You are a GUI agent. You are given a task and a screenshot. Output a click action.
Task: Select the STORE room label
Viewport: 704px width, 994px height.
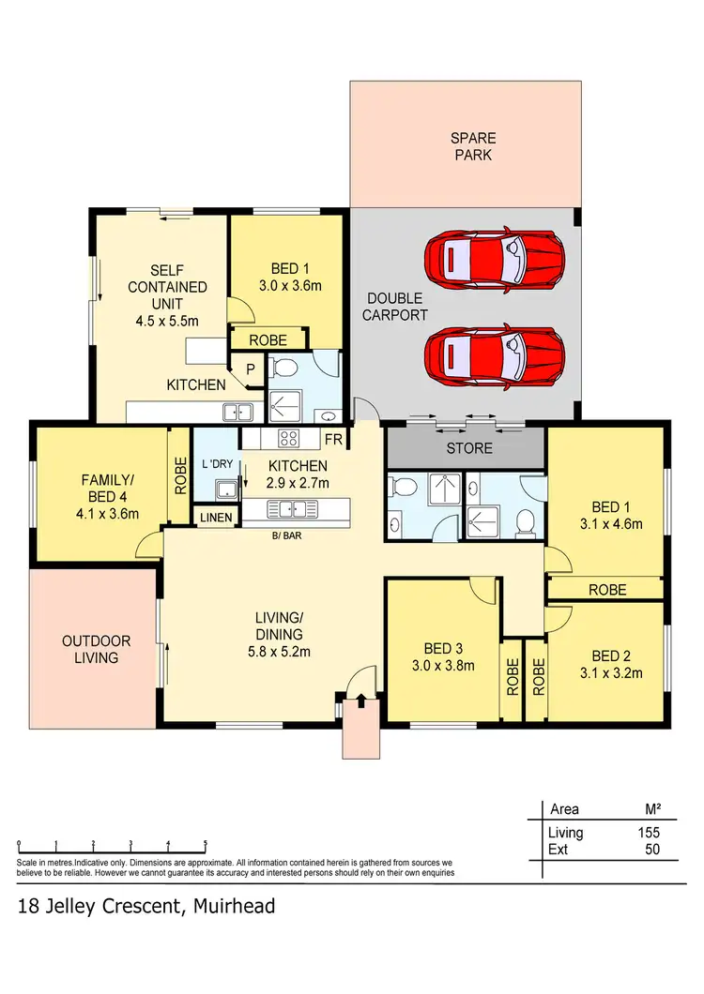coord(469,448)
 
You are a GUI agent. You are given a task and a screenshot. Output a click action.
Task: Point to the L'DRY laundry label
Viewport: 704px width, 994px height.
coord(216,465)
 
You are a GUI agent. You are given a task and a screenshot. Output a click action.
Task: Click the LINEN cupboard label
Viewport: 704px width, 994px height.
coord(216,517)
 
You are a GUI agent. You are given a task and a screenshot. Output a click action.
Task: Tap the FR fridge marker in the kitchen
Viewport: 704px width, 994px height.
coord(333,439)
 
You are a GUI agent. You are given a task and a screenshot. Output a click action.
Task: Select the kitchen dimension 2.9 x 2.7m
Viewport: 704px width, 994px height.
coord(297,483)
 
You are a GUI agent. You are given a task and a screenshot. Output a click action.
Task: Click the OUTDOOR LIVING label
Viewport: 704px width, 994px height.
coord(97,649)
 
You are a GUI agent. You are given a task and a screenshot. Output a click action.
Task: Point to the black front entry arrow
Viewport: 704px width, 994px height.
coord(361,700)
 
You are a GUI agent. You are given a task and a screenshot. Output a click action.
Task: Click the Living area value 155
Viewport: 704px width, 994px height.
coord(647,833)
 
